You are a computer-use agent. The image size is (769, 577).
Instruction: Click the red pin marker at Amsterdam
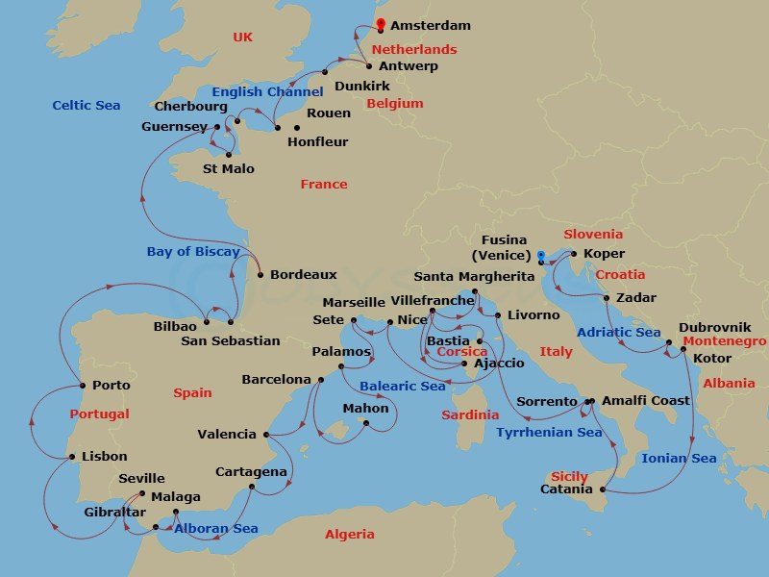pyautogui.click(x=381, y=24)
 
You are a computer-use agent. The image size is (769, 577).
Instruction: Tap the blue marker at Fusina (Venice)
pyautogui.click(x=541, y=256)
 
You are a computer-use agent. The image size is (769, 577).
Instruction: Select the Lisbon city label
pyautogui.click(x=105, y=457)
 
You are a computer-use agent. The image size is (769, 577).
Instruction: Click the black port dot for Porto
pyautogui.click(x=81, y=386)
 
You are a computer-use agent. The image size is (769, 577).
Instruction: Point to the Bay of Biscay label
pyautogui.click(x=193, y=252)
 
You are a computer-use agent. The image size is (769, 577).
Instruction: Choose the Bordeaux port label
pyautogui.click(x=304, y=274)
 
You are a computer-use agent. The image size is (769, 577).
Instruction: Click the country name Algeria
pyautogui.click(x=350, y=535)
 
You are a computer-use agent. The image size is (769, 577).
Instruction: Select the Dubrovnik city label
pyautogui.click(x=715, y=327)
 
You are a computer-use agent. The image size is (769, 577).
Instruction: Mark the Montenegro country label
pyautogui.click(x=724, y=341)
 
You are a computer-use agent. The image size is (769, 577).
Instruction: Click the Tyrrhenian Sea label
pyautogui.click(x=549, y=433)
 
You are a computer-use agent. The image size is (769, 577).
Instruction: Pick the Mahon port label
pyautogui.click(x=366, y=409)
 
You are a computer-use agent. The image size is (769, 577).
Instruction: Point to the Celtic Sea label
pyautogui.click(x=87, y=105)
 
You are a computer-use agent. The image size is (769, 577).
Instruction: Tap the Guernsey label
pyautogui.click(x=174, y=126)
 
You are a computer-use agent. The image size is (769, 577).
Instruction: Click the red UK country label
pyautogui.click(x=242, y=37)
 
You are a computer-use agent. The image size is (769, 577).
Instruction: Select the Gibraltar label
pyautogui.click(x=115, y=513)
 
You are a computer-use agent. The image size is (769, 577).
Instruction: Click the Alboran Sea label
pyautogui.click(x=216, y=528)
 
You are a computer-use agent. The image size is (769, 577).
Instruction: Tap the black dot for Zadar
pyautogui.click(x=607, y=298)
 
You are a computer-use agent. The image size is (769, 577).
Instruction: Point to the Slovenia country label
pyautogui.click(x=593, y=234)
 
